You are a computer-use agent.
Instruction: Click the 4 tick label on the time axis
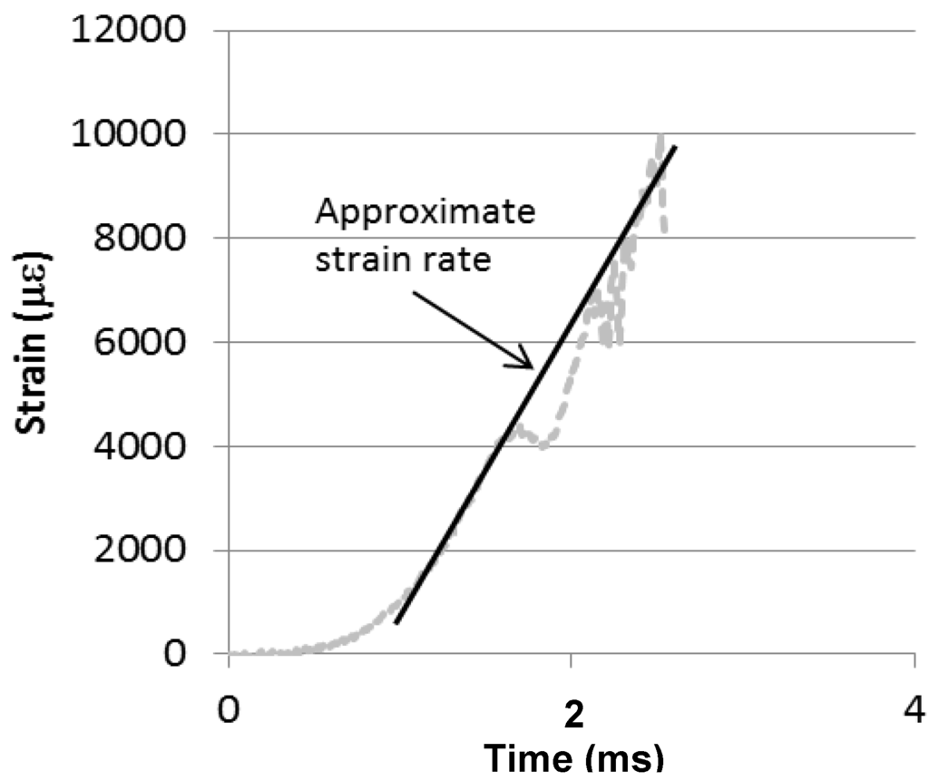click(912, 708)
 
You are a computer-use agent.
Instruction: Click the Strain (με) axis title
click(34, 344)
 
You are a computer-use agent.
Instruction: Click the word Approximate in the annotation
click(425, 215)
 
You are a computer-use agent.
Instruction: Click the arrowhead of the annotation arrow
click(530, 366)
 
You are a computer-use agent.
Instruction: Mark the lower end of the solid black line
click(396, 623)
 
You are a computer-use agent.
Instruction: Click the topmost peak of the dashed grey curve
click(660, 136)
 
